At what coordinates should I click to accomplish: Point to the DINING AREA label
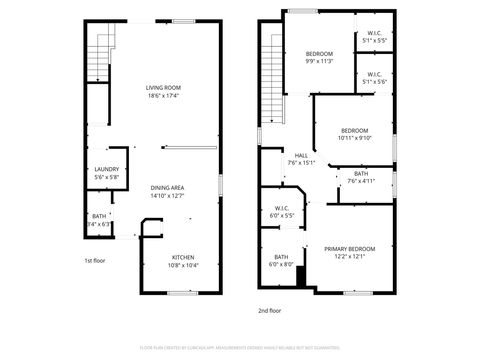click(x=167, y=187)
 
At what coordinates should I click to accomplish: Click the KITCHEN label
click(x=181, y=257)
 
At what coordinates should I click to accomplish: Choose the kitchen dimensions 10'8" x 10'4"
click(x=181, y=265)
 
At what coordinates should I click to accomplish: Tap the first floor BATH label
click(x=99, y=216)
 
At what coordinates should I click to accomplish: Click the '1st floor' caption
click(x=94, y=260)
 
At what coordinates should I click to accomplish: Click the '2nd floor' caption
click(x=270, y=311)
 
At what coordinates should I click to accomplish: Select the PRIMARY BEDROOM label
click(x=349, y=248)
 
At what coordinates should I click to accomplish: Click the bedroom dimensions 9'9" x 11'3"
click(x=319, y=61)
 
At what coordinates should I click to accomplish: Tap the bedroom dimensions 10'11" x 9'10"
click(x=355, y=138)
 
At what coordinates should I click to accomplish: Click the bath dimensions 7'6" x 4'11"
click(x=361, y=181)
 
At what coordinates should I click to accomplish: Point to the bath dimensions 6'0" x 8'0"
click(x=281, y=264)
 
